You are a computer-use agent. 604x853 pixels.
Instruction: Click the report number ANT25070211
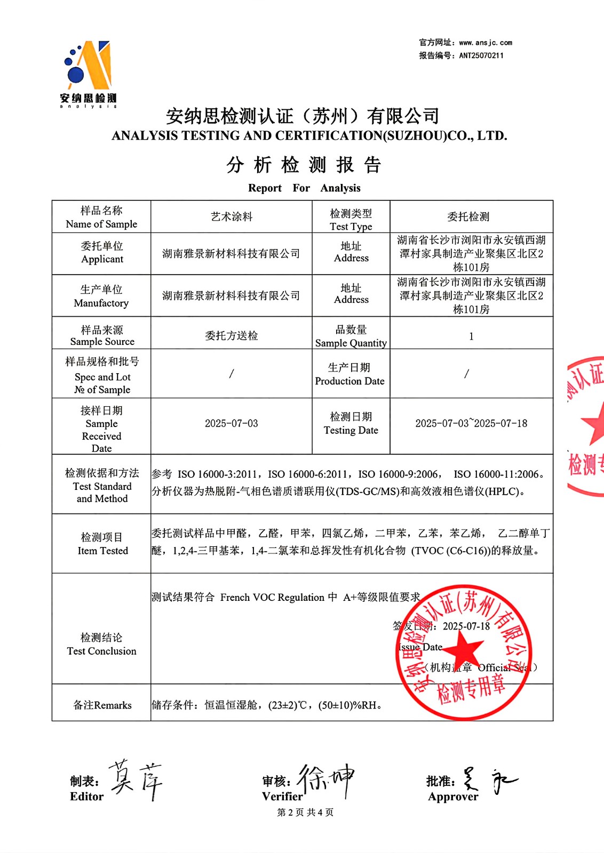(x=481, y=55)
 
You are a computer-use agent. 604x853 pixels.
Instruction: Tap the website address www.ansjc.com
(x=486, y=43)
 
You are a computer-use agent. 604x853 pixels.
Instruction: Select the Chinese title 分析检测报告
(x=304, y=165)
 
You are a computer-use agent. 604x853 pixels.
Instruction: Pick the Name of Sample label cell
(x=101, y=217)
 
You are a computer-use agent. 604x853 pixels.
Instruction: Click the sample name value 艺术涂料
(x=231, y=217)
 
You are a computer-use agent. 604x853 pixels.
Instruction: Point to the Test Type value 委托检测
(x=468, y=217)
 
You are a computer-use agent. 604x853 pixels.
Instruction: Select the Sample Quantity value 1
(x=471, y=336)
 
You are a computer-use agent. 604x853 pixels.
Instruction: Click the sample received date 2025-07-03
(x=231, y=424)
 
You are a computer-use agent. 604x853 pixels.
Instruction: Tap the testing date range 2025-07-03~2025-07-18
(x=471, y=424)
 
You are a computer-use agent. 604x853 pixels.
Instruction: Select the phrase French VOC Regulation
(x=272, y=598)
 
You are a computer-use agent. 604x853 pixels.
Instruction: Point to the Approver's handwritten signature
(x=488, y=781)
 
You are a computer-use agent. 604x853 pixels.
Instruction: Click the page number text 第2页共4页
(x=305, y=812)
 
